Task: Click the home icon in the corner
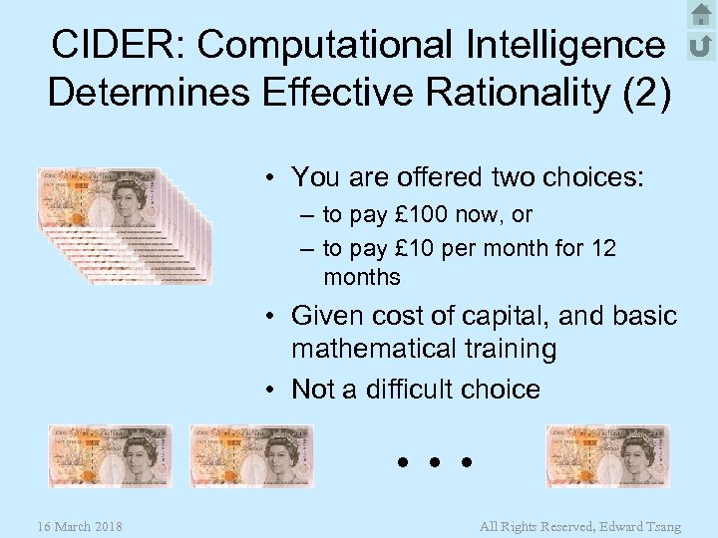pyautogui.click(x=701, y=14)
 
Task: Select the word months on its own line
pyautogui.click(x=361, y=277)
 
